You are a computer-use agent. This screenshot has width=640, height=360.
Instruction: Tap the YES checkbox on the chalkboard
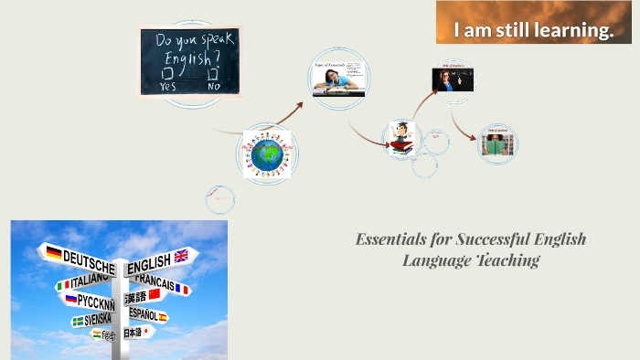tap(166, 73)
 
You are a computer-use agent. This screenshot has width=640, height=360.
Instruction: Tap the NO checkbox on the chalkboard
tap(214, 73)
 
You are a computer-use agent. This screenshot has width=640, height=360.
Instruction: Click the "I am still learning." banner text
tap(534, 31)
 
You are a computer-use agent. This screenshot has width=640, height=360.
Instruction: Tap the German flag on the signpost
tap(54, 252)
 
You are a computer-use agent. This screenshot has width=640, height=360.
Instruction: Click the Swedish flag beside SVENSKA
tap(77, 321)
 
